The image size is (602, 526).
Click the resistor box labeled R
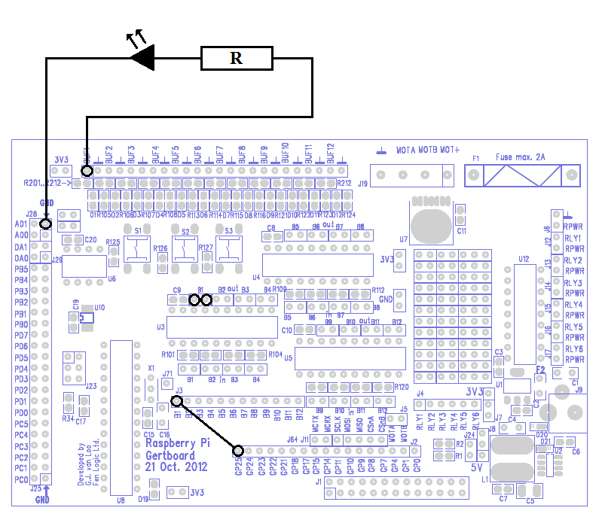[236, 58]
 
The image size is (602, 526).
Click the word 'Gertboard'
[170, 455]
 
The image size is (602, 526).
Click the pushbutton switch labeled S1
[137, 248]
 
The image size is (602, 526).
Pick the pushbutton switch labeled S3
[229, 248]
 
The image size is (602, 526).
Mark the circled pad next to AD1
[46, 223]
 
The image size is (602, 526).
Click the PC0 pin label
[20, 479]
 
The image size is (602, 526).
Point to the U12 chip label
[524, 259]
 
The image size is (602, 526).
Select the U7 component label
[404, 239]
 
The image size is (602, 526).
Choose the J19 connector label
[362, 183]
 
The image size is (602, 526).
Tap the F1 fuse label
[475, 159]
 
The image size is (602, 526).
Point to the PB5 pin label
[20, 269]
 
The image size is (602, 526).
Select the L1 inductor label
[484, 479]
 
